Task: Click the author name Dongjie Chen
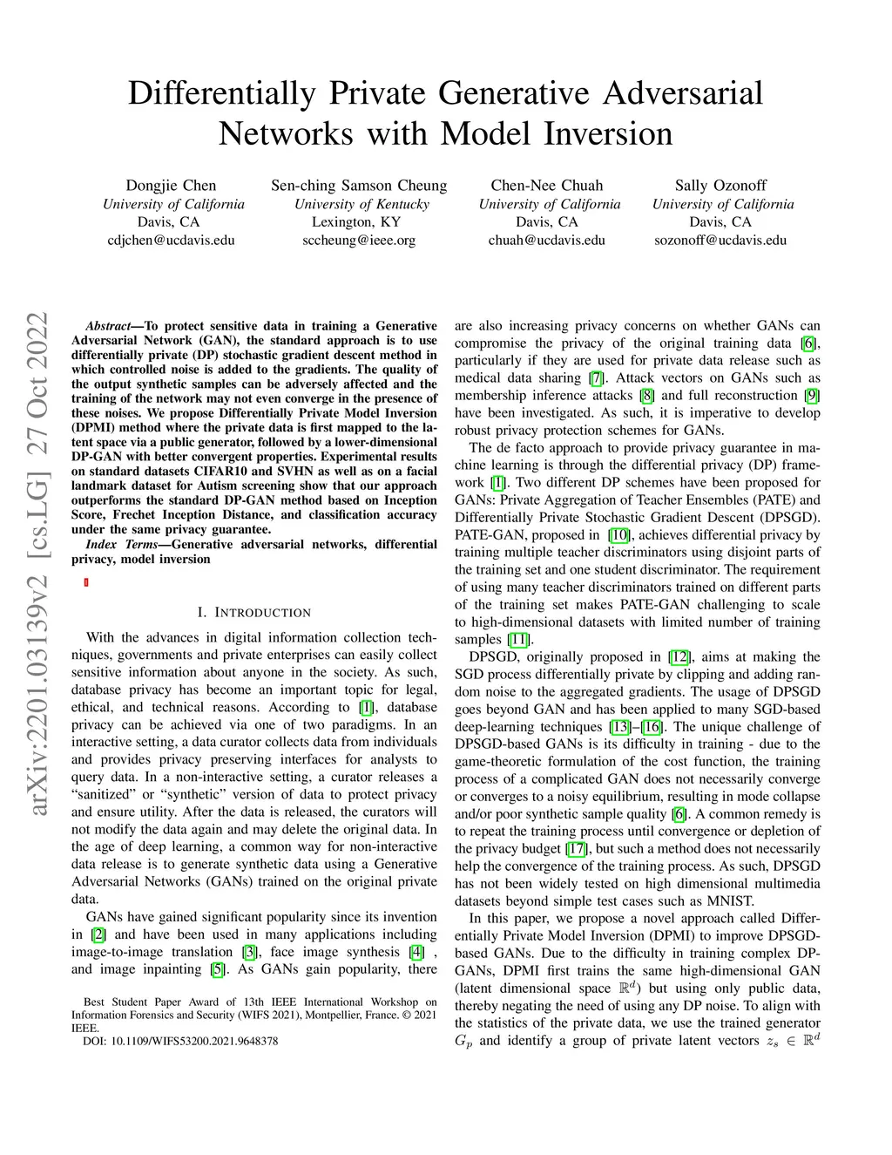pos(171,185)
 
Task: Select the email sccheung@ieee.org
pos(359,240)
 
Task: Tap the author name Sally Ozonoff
pos(720,185)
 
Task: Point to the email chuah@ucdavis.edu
pos(546,240)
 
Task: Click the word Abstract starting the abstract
pos(108,325)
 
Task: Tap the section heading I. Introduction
pos(253,612)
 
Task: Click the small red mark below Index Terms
pos(86,582)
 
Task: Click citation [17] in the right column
pos(576,848)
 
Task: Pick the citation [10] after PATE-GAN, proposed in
pos(619,534)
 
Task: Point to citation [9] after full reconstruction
pos(812,395)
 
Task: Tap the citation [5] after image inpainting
pos(217,968)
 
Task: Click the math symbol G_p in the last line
pos(463,1041)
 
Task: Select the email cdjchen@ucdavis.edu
pos(171,240)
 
